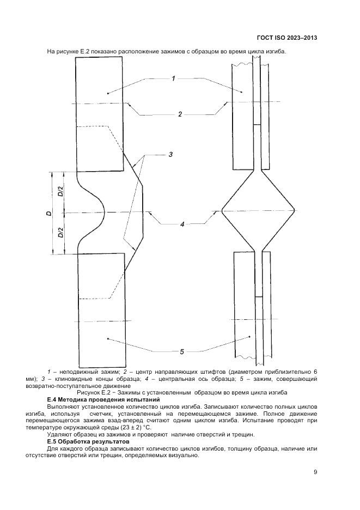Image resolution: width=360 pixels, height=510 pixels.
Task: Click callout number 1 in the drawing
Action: click(173, 79)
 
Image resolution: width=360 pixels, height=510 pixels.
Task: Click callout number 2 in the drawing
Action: click(179, 114)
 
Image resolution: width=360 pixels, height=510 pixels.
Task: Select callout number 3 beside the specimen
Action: click(170, 155)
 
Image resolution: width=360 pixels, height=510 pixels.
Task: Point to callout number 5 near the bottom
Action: click(182, 351)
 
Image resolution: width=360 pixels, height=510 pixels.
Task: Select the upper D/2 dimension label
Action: click(60, 192)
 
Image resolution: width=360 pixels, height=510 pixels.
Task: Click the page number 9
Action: click(315, 472)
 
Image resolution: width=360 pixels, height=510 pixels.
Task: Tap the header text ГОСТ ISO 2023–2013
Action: click(286, 39)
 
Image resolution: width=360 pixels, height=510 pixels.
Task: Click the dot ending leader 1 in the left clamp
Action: click(108, 94)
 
